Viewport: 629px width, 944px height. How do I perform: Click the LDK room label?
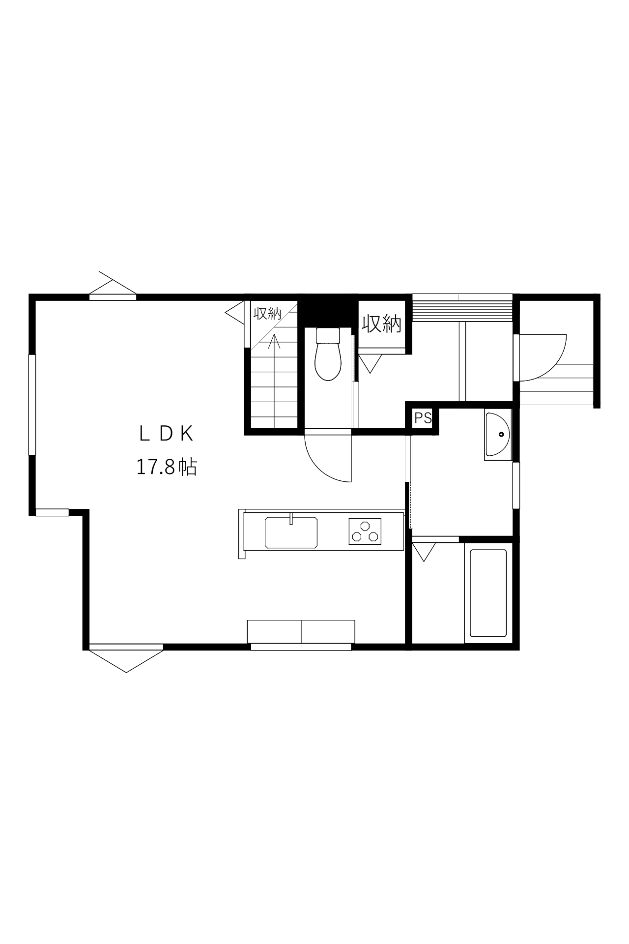point(166,434)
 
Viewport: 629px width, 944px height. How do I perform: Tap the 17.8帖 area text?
point(166,467)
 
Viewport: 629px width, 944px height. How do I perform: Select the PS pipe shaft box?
point(423,418)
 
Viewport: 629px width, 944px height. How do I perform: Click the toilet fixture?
point(328,354)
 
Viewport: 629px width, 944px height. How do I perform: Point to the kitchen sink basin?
point(291,532)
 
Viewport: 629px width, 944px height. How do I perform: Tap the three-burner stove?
point(365,531)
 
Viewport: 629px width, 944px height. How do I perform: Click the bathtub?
point(488,593)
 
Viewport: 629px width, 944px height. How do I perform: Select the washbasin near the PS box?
point(498,435)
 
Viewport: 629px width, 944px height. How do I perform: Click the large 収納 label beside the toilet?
point(382,324)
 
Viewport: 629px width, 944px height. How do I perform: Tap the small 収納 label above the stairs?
point(267,313)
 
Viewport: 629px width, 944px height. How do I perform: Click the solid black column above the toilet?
point(328,310)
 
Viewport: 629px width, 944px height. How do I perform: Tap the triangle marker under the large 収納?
point(369,364)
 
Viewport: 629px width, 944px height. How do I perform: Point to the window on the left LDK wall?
point(32,405)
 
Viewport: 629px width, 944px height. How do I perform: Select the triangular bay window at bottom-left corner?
point(126,658)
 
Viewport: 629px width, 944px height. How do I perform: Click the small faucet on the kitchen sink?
point(291,519)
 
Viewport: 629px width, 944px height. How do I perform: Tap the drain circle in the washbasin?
point(501,435)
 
